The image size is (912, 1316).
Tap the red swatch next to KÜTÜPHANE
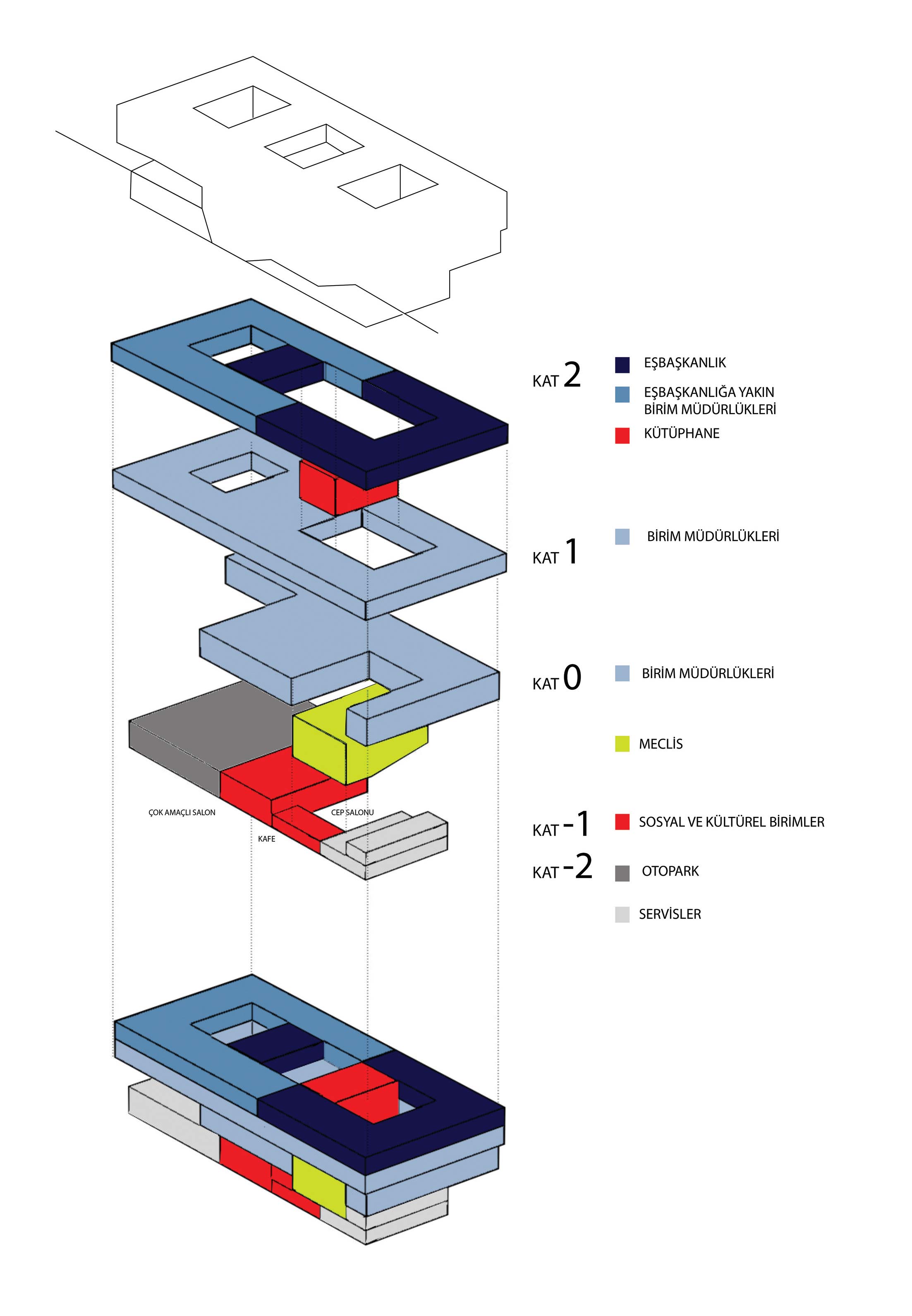pos(622,436)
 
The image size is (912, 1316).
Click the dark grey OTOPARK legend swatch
pos(622,873)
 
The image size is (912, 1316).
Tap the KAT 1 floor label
pos(555,553)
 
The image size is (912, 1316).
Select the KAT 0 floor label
pos(557,680)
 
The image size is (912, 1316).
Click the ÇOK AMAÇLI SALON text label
pos(182,812)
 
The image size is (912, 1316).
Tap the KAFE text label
pos(266,839)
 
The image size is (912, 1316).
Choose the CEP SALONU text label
pos(352,812)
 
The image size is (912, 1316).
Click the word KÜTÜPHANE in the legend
pos(681,433)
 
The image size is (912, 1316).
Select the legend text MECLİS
pos(661,744)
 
